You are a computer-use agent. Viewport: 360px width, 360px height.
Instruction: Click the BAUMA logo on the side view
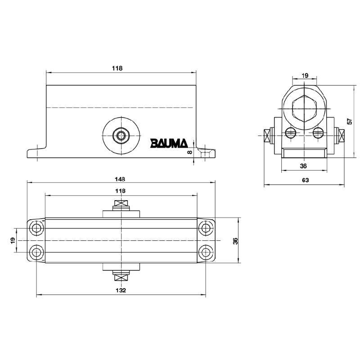coord(168,143)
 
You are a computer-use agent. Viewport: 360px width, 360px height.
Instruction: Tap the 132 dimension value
coord(121,291)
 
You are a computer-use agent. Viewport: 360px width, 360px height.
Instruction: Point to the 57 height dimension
coord(349,121)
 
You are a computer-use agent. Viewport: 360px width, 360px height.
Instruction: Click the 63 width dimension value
coord(305,180)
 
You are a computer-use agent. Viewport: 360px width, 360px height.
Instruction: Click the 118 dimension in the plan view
coord(121,191)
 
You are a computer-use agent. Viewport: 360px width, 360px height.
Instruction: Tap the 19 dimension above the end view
coord(305,76)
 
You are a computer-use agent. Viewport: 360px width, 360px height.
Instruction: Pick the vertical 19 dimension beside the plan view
coord(13,241)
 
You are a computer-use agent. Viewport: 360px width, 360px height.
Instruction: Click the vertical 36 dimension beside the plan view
coord(235,241)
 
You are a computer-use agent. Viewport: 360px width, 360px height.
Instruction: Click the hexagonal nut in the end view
coord(305,109)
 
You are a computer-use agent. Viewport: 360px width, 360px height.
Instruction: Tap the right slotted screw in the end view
coord(318,132)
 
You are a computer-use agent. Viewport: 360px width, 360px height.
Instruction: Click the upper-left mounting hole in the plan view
coord(36,229)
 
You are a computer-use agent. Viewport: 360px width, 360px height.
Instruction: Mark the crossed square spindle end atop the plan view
coord(121,205)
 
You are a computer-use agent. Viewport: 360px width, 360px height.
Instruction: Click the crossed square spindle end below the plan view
coord(121,277)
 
